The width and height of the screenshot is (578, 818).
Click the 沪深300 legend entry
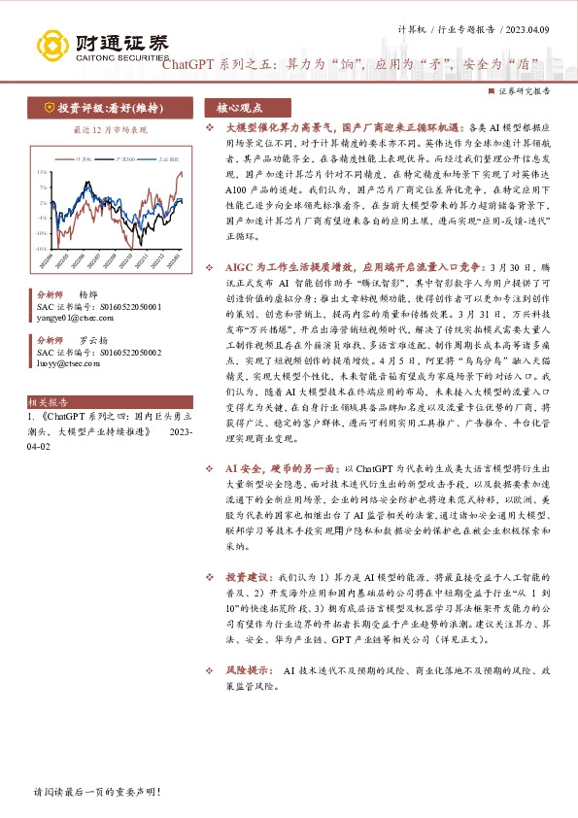click(x=127, y=157)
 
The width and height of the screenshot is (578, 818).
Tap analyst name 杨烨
click(x=88, y=292)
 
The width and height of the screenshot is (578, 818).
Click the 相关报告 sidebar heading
click(x=48, y=399)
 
